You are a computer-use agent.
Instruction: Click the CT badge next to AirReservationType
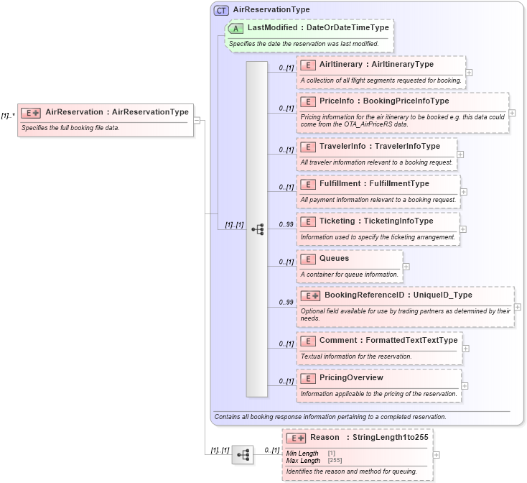point(222,10)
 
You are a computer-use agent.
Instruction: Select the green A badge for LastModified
point(236,28)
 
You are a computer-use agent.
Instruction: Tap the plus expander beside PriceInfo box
point(512,113)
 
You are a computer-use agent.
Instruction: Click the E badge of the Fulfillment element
point(307,184)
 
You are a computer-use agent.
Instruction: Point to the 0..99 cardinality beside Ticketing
point(286,224)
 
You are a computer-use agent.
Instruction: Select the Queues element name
point(334,258)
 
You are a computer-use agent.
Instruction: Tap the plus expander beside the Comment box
point(465,349)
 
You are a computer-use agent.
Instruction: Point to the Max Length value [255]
point(335,460)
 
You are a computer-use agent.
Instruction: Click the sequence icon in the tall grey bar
point(257,229)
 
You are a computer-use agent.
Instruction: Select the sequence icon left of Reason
point(243,455)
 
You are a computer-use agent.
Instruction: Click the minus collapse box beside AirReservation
point(197,120)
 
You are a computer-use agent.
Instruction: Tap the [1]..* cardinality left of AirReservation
point(8,116)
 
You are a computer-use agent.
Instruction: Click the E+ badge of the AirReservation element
point(30,113)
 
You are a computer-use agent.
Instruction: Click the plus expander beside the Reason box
point(437,455)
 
